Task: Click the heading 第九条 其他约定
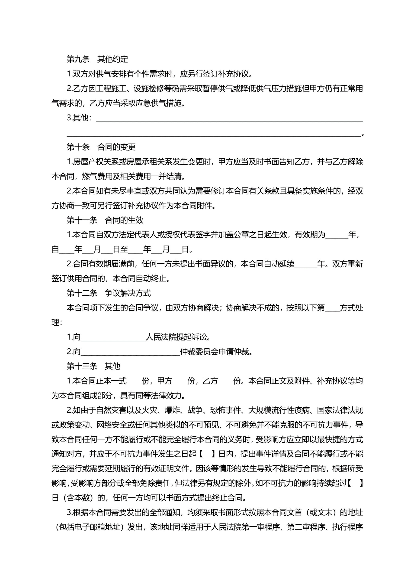pos(97,59)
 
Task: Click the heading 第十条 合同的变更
pos(101,147)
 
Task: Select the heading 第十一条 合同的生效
pos(105,220)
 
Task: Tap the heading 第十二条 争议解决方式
pos(109,293)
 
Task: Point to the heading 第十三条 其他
pos(93,366)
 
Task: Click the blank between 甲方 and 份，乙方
pos(180,381)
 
